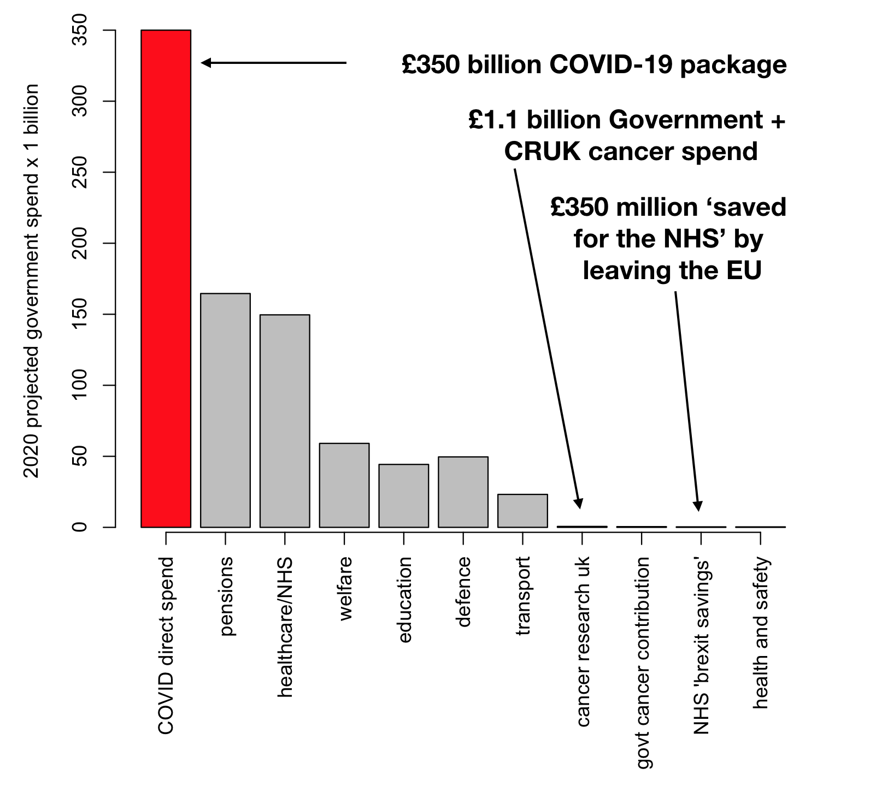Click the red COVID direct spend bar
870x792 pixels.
166,279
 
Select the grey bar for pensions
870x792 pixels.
225,410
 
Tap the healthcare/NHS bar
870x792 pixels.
285,421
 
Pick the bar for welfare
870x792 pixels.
344,485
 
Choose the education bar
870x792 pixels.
404,495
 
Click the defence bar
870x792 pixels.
463,492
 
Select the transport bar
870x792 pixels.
522,511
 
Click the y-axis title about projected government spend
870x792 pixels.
32,281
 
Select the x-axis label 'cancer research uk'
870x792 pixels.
584,641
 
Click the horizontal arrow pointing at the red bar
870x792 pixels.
273,63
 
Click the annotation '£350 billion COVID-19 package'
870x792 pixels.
594,64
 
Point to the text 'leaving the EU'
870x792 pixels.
672,270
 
